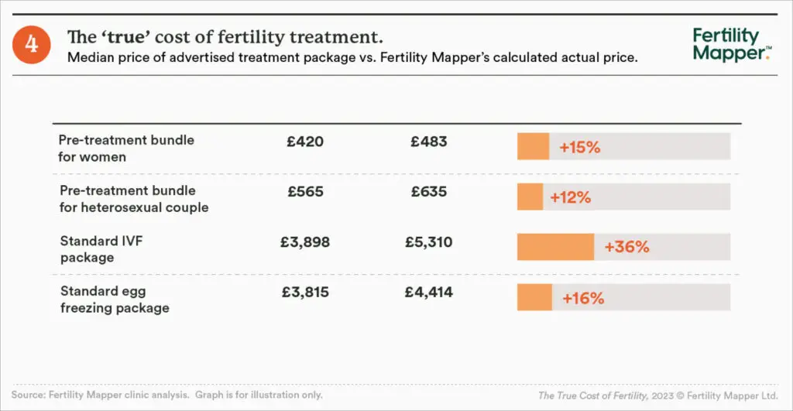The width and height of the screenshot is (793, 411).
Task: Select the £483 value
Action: click(x=428, y=142)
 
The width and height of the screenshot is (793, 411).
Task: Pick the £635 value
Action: click(x=428, y=192)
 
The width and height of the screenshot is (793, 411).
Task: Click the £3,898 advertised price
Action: click(x=304, y=242)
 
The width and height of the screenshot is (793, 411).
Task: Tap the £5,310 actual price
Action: click(x=428, y=242)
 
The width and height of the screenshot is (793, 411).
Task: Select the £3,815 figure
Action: click(x=304, y=293)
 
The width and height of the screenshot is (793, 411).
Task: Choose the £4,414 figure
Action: click(x=428, y=293)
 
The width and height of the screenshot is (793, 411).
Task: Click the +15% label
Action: click(x=580, y=147)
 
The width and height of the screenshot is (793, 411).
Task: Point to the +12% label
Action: click(x=570, y=197)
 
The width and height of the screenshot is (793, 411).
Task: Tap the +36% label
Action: click(x=627, y=248)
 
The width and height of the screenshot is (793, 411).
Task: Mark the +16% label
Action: click(x=583, y=298)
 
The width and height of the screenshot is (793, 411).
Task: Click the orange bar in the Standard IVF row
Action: click(x=555, y=248)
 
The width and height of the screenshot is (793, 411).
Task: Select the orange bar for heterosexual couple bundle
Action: click(x=530, y=197)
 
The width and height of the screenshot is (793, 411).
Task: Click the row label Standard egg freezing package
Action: click(x=115, y=300)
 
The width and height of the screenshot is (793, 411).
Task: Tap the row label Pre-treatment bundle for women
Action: click(x=126, y=148)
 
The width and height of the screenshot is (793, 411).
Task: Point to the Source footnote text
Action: click(x=167, y=395)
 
